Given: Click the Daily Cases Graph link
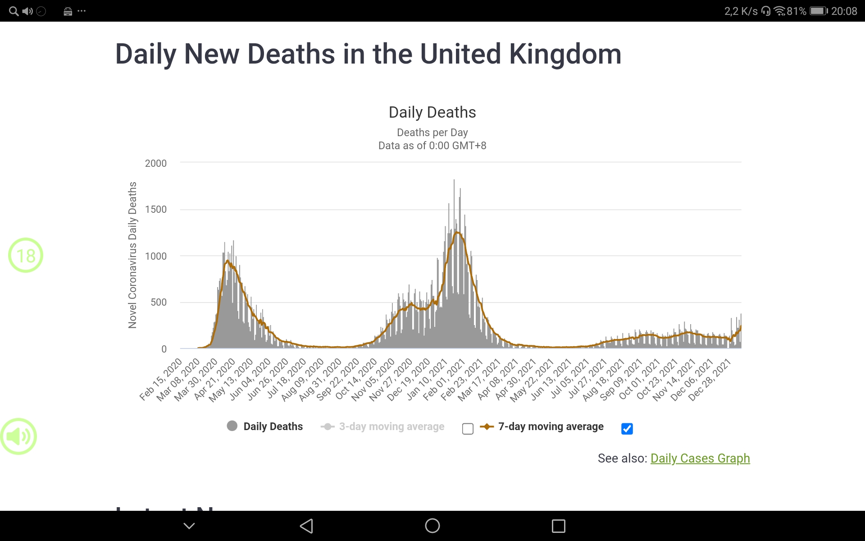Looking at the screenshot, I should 700,458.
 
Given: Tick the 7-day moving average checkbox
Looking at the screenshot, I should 627,428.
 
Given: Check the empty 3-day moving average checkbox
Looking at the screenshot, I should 468,428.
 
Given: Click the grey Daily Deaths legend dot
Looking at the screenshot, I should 232,426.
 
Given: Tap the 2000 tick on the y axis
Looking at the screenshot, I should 156,163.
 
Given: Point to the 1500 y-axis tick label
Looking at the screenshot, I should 156,209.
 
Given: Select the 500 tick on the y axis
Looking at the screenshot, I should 159,302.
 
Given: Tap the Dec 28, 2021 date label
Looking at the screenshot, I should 710,380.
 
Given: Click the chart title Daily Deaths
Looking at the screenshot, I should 432,112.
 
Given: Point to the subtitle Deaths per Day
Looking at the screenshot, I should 432,133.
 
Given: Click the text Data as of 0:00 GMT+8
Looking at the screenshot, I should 432,146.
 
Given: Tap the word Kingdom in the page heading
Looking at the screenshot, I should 565,54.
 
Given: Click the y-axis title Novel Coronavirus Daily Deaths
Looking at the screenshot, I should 132,255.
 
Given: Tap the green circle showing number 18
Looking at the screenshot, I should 26,255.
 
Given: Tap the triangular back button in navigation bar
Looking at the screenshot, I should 306,526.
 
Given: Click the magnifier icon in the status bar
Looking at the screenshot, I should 14,11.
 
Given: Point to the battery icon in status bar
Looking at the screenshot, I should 819,11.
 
